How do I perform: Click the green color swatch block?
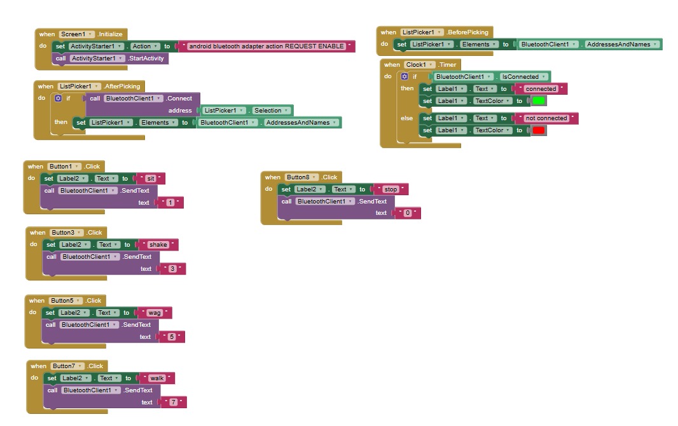coord(539,100)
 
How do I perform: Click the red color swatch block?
coord(539,130)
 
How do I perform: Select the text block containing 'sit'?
coord(151,179)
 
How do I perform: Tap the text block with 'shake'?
coord(158,245)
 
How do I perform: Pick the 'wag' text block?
coord(155,313)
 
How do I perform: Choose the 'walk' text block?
coord(157,378)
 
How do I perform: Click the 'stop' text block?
coord(391,189)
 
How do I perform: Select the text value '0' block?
coord(407,214)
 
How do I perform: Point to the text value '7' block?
coord(173,402)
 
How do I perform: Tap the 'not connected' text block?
coord(546,118)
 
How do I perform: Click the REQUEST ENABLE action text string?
coord(266,46)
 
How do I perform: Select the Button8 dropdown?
coord(301,177)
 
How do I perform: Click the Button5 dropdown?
coord(66,301)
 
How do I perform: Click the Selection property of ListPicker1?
coord(267,111)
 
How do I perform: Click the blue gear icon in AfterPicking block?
coord(59,99)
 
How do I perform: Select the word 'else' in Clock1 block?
coord(406,118)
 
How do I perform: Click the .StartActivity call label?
coord(146,58)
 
